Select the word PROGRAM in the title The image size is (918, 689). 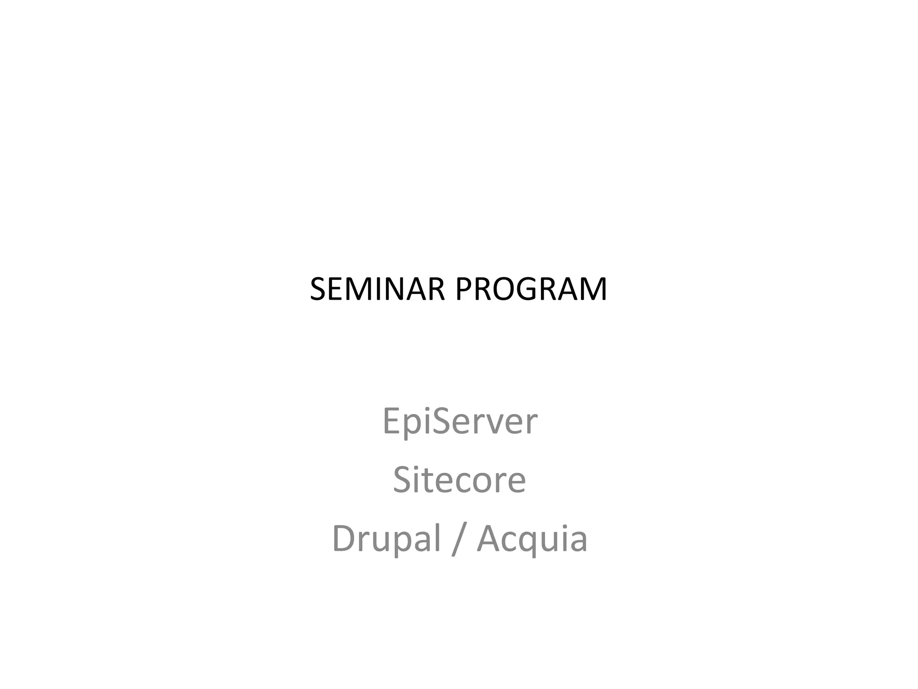(531, 289)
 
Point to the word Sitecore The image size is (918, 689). (459, 480)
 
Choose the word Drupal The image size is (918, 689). (386, 539)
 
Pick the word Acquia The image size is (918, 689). (532, 539)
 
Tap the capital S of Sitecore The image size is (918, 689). (403, 480)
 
